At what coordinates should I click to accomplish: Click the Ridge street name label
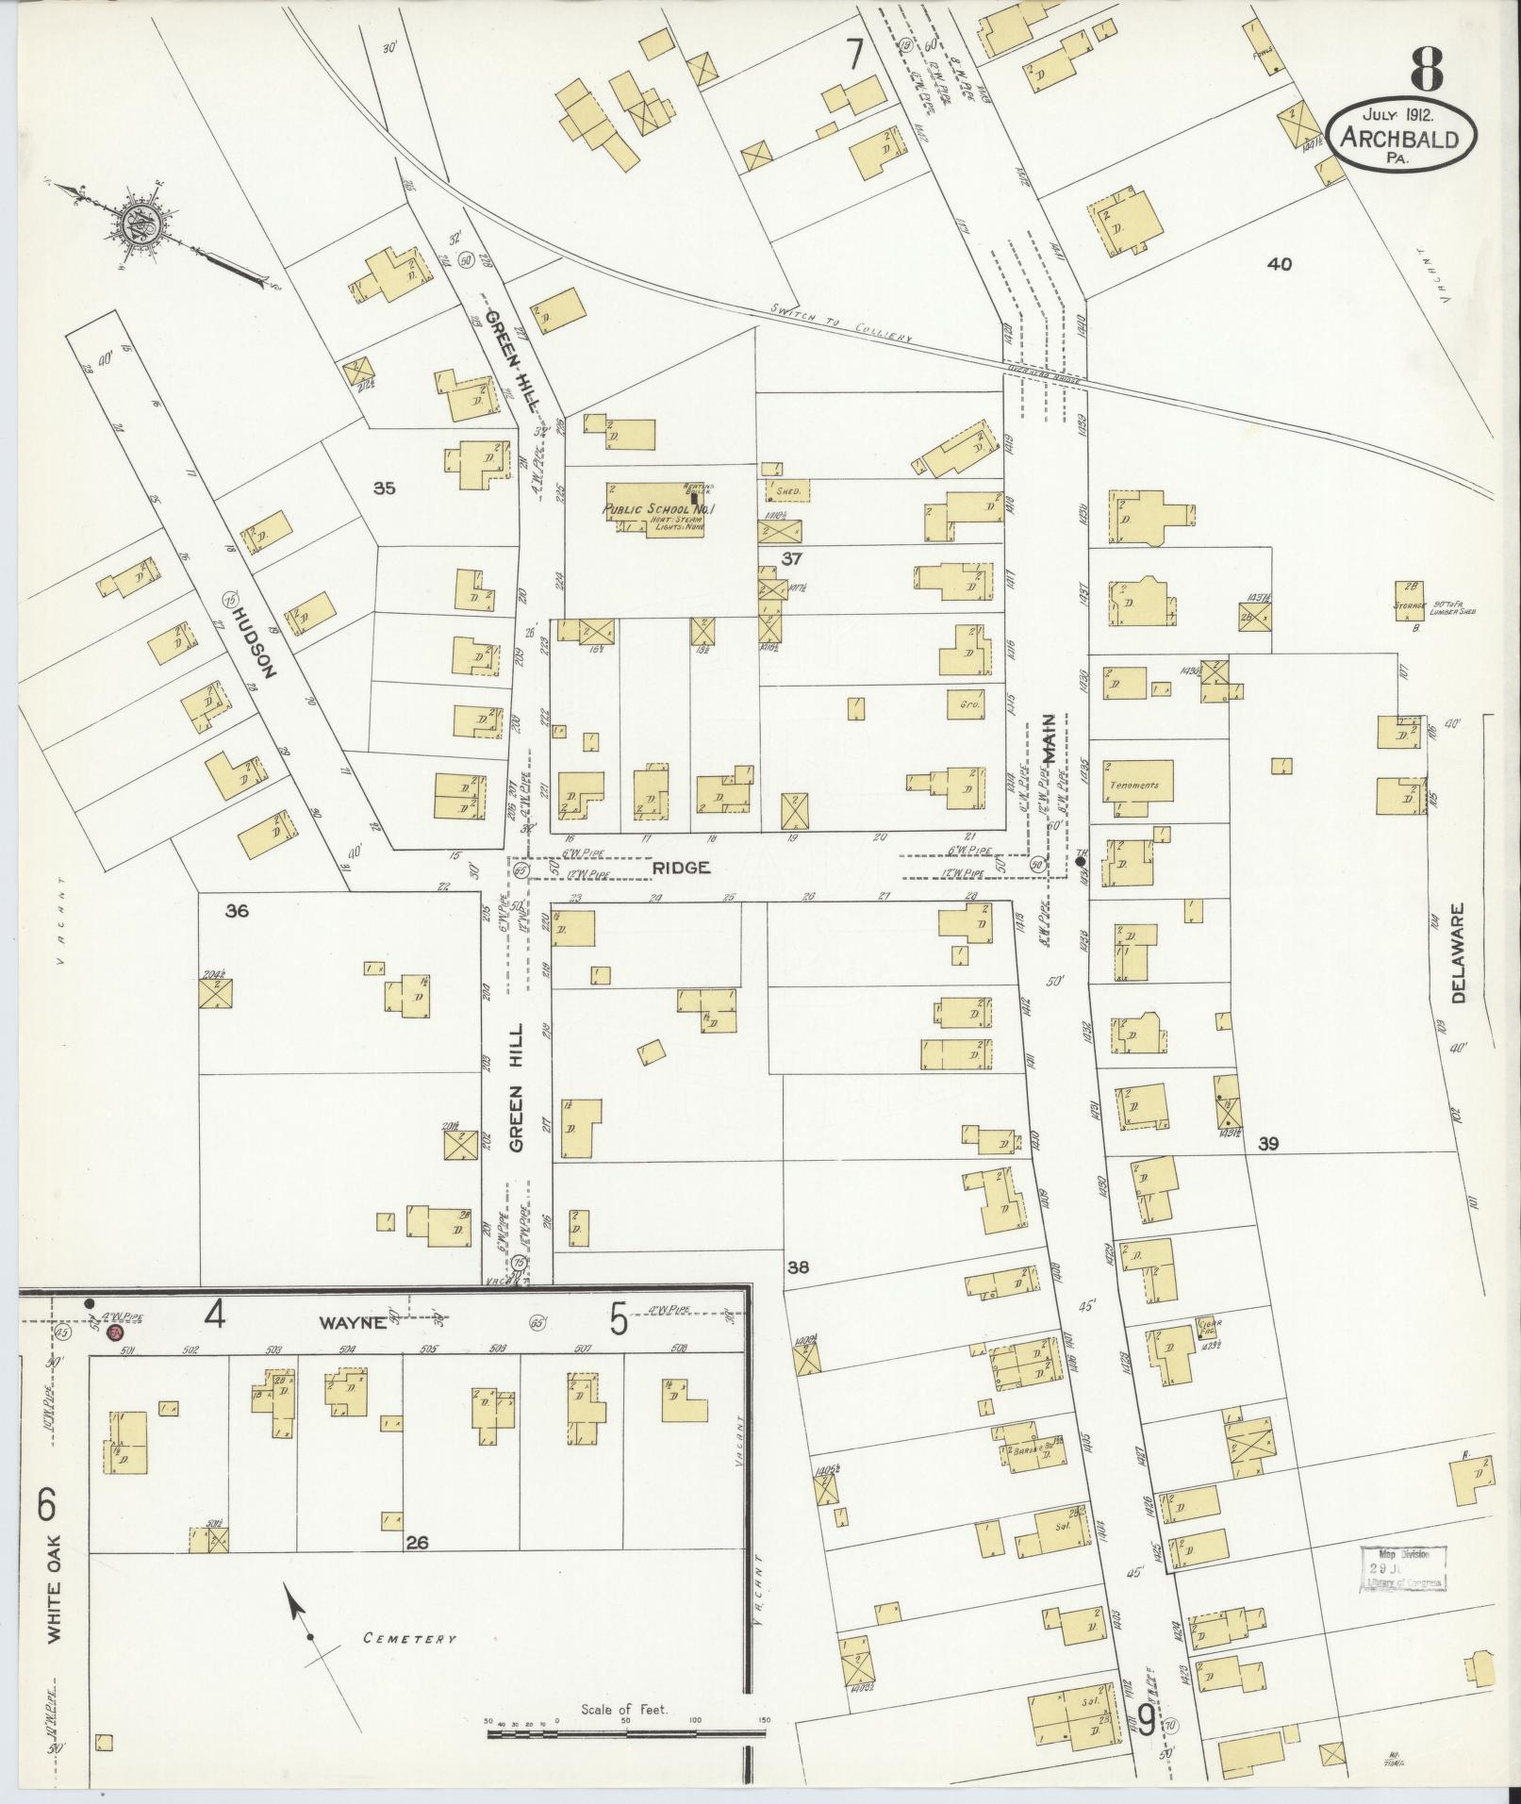pyautogui.click(x=681, y=867)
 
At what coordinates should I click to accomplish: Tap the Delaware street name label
pyautogui.click(x=1459, y=967)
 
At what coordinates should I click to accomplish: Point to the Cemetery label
pyautogui.click(x=409, y=1639)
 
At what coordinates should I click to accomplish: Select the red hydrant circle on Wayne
pyautogui.click(x=115, y=1332)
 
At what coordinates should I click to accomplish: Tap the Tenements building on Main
pyautogui.click(x=1135, y=785)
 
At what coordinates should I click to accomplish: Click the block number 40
pyautogui.click(x=1280, y=264)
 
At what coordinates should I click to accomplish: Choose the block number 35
pyautogui.click(x=384, y=488)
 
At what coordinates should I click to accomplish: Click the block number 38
pyautogui.click(x=799, y=1267)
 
